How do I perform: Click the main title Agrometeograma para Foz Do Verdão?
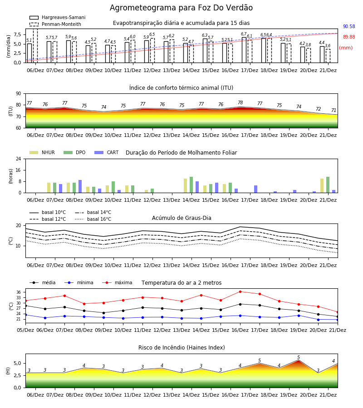point(181,8)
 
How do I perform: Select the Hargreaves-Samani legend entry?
point(57,17)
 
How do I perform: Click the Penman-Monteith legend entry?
point(55,24)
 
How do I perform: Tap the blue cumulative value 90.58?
point(349,27)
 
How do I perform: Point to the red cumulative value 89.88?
point(349,37)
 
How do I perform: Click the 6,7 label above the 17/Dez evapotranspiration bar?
point(244,34)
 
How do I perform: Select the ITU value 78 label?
point(240,102)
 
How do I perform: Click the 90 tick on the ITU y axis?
point(19,94)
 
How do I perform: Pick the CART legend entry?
point(106,152)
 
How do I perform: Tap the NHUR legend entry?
point(42,152)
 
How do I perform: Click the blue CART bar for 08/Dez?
point(80,186)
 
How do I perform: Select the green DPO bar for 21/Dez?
point(328,185)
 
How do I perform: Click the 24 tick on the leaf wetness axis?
point(19,159)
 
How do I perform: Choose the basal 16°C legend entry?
point(93,219)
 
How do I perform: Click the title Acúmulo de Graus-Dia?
point(181,218)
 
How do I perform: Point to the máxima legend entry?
point(117,282)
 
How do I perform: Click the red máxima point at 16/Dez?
point(240,291)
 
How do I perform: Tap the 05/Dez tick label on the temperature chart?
point(25,330)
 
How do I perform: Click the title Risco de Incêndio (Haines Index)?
point(181,348)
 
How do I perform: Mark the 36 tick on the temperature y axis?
point(19,292)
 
